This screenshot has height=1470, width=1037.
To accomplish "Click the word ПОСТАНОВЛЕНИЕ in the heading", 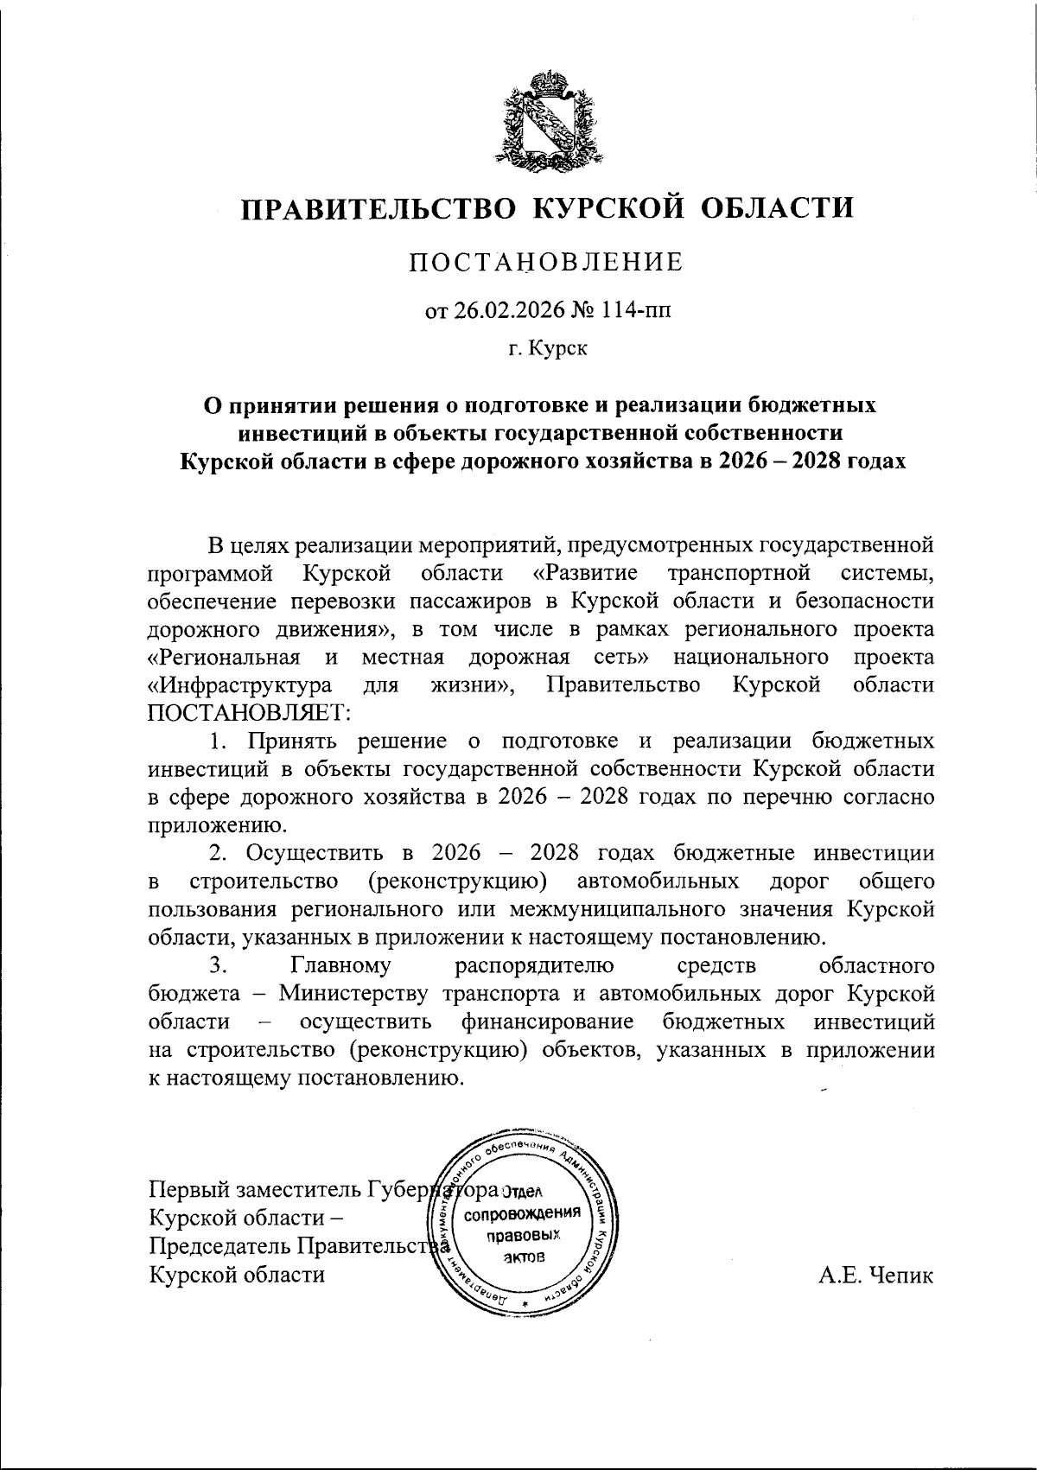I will (546, 263).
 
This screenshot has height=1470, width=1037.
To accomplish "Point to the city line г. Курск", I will (547, 349).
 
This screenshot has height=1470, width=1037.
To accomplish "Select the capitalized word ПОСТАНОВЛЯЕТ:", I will (249, 712).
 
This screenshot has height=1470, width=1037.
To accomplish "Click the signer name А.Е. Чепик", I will (876, 1275).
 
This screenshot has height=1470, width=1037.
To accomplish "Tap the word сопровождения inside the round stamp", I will (526, 1214).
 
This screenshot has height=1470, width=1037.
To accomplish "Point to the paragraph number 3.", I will (217, 965).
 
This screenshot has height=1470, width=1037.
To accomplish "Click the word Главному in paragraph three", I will (342, 965).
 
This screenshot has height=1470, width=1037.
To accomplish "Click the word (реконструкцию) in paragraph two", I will (455, 881).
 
